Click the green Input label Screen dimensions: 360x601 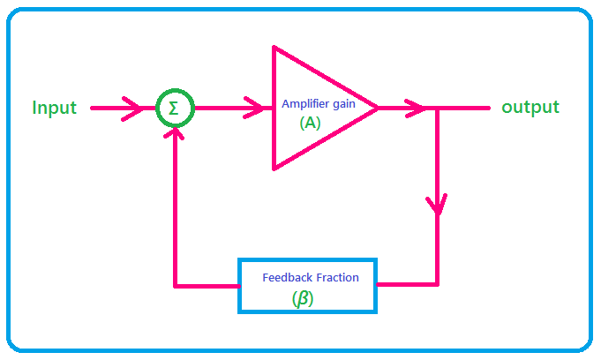[55, 109]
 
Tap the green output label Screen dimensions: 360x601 [530, 108]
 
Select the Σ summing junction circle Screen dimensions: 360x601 [174, 109]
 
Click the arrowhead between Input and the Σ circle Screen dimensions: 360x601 [134, 109]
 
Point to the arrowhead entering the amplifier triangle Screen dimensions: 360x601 [262, 109]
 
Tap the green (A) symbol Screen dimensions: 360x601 [310, 124]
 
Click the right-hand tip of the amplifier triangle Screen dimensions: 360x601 [378, 108]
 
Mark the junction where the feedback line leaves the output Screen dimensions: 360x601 [438, 109]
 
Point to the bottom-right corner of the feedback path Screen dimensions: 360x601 [438, 284]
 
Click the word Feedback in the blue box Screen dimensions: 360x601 [287, 277]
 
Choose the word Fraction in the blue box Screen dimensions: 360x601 [337, 277]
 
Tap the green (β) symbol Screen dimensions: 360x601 [303, 299]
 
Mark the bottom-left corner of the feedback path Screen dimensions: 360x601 [177, 285]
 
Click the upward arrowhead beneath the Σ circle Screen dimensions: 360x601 [177, 134]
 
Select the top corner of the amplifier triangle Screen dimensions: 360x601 [274, 47]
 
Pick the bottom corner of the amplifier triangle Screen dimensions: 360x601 [274, 168]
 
